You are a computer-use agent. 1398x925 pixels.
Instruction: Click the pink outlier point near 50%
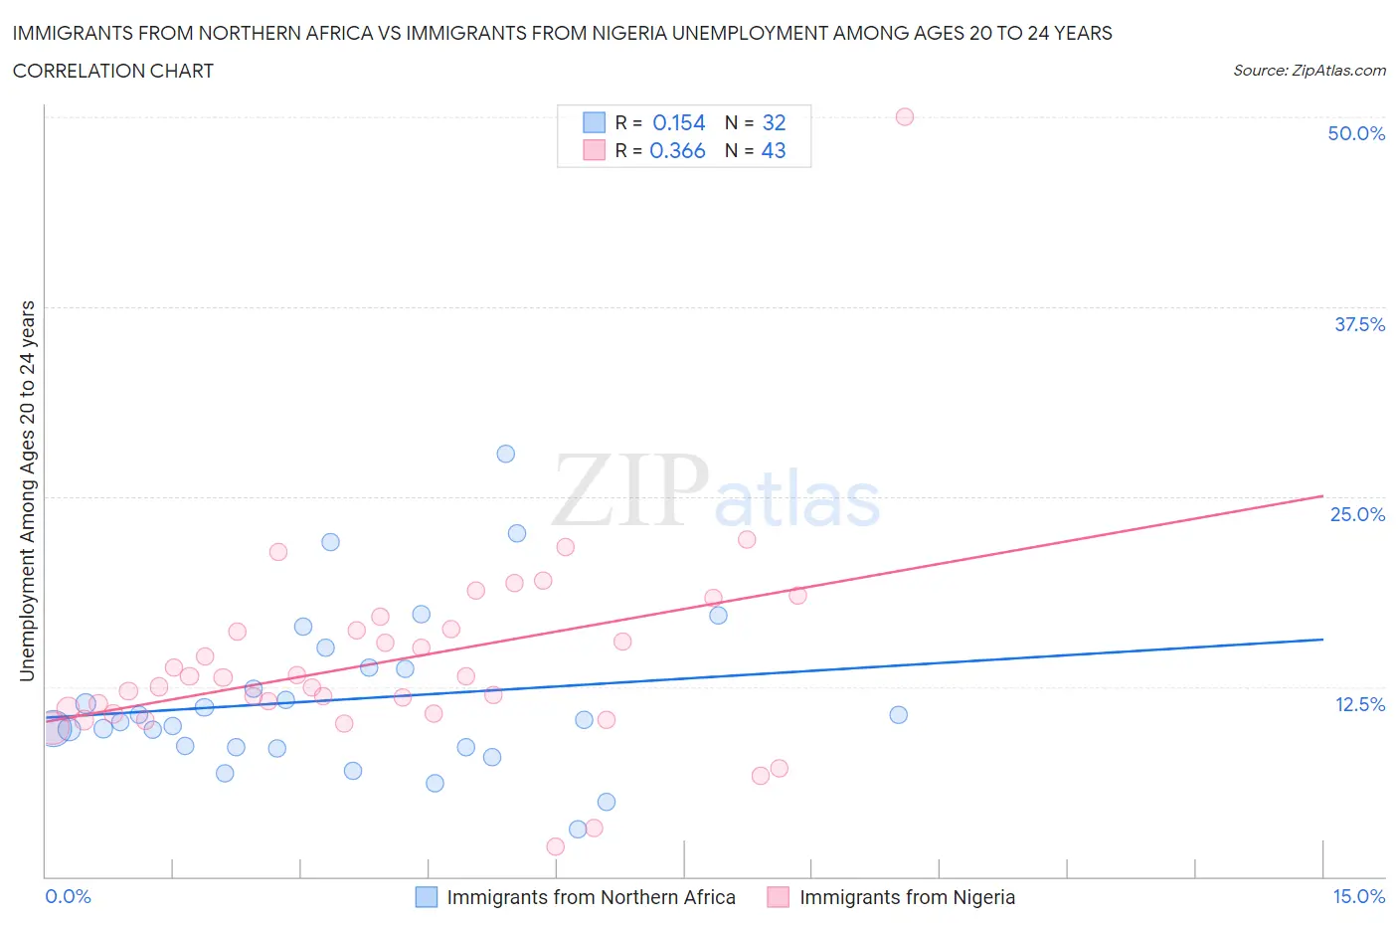[x=904, y=116]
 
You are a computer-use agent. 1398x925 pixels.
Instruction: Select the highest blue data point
[x=505, y=454]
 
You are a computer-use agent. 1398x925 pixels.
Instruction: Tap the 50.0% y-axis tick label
[x=1356, y=133]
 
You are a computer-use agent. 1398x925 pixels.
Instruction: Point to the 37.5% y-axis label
[x=1359, y=324]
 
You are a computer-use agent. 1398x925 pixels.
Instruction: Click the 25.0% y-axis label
[x=1357, y=514]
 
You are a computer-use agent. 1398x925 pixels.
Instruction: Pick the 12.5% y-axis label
[x=1359, y=704]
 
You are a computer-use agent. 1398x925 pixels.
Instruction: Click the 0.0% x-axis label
[x=69, y=896]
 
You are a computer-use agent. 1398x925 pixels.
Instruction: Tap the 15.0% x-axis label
[x=1358, y=896]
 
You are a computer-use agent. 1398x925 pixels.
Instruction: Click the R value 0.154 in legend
[x=678, y=122]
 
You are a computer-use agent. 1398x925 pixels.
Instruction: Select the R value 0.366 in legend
[x=677, y=150]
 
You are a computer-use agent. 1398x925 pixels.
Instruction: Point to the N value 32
[x=774, y=122]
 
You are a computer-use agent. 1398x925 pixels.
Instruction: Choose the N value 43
[x=774, y=150]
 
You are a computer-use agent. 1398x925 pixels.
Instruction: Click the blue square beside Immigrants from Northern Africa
[x=426, y=897]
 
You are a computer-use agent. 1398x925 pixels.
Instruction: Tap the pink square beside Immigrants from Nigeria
[x=778, y=897]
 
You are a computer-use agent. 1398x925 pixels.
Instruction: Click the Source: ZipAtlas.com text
[x=1309, y=71]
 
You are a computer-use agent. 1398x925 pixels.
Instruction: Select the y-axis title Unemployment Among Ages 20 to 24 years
[x=28, y=490]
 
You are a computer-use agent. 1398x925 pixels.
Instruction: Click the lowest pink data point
[x=555, y=846]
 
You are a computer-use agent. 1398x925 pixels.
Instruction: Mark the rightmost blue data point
[x=898, y=714]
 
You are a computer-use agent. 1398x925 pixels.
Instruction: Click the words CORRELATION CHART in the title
[x=113, y=71]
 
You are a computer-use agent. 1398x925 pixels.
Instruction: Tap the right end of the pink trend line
[x=1322, y=495]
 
